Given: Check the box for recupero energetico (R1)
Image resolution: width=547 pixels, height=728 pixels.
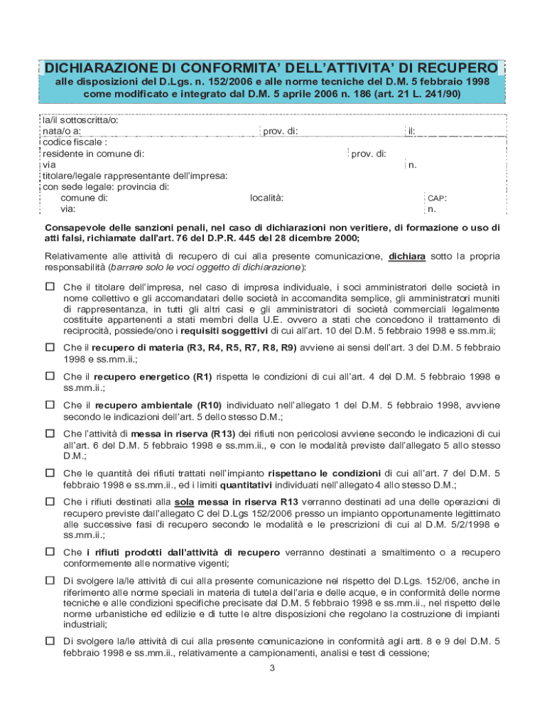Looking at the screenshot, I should point(50,375).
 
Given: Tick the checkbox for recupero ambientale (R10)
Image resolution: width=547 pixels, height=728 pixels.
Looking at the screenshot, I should point(50,404).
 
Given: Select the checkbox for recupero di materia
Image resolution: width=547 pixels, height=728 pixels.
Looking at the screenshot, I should point(50,347).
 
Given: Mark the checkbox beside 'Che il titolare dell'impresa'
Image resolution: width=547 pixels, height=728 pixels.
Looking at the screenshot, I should point(50,287).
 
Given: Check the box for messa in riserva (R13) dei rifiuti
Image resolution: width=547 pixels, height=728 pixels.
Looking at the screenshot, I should point(50,432).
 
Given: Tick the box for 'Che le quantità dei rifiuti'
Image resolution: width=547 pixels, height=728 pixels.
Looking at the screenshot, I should point(50,472).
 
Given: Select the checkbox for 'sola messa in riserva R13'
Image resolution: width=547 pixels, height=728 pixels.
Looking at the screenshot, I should point(50,500).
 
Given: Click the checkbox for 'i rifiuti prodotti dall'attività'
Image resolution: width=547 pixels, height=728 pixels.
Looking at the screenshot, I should point(50,551).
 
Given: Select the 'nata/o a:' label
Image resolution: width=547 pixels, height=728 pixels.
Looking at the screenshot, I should point(61,131).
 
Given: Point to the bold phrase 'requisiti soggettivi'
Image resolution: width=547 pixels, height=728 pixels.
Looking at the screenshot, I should point(221,331).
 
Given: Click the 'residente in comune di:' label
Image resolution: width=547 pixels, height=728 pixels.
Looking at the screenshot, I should point(93,153).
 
